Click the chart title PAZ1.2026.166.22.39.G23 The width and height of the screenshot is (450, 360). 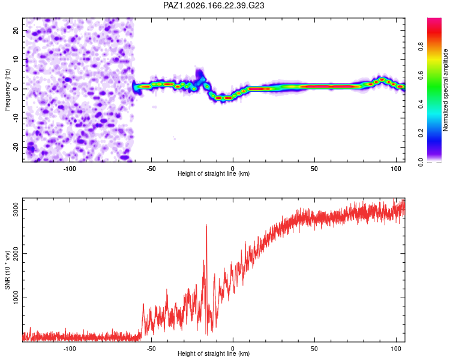click(x=214, y=5)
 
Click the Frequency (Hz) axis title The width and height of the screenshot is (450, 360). click(x=7, y=90)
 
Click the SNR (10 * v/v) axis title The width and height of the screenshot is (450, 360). click(x=7, y=270)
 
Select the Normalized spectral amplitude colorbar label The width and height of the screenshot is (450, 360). click(x=445, y=90)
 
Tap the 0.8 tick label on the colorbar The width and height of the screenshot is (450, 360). click(x=421, y=46)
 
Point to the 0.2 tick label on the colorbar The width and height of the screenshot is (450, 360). click(x=421, y=133)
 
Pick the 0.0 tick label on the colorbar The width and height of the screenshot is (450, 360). click(x=421, y=162)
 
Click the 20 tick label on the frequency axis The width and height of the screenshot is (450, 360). click(x=16, y=31)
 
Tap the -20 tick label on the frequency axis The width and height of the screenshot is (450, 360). click(x=16, y=148)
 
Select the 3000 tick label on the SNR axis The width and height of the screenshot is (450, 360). click(x=16, y=210)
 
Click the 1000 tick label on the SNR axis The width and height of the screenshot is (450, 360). click(x=16, y=298)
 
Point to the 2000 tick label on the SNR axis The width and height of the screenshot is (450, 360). click(x=16, y=254)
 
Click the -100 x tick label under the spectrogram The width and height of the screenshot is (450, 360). click(x=69, y=169)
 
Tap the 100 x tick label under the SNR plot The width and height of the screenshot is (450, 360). click(x=396, y=349)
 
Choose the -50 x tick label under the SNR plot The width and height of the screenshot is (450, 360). click(x=151, y=349)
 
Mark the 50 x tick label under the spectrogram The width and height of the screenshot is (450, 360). click(x=314, y=169)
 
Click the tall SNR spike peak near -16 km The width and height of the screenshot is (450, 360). click(x=206, y=225)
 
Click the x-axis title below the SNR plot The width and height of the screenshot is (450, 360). click(x=214, y=353)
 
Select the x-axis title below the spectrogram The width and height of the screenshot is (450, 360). click(x=214, y=174)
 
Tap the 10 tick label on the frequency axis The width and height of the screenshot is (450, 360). click(x=16, y=60)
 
